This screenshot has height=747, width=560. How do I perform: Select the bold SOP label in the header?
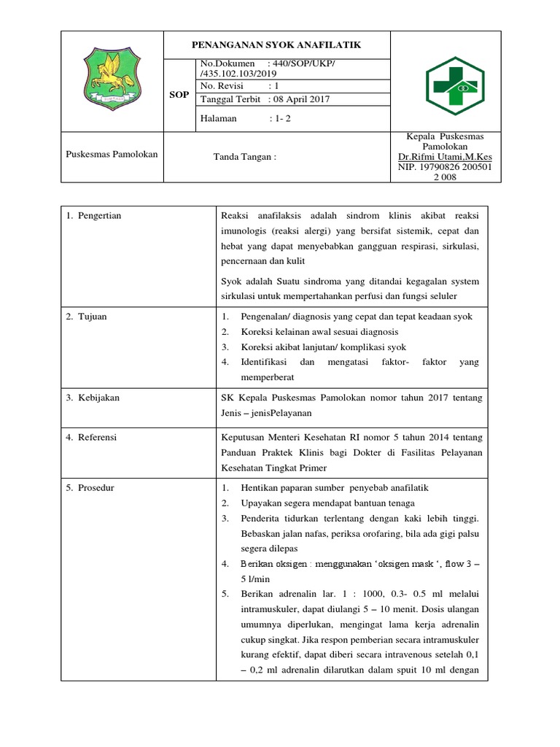pyautogui.click(x=179, y=95)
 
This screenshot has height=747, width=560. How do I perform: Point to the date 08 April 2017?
pyautogui.click(x=299, y=99)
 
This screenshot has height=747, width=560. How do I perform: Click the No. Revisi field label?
pyautogui.click(x=222, y=85)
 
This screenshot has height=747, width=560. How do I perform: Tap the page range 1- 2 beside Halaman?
pyautogui.click(x=280, y=117)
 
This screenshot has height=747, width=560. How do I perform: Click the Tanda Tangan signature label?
pyautogui.click(x=244, y=156)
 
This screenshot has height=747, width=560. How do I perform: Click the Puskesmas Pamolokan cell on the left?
pyautogui.click(x=112, y=155)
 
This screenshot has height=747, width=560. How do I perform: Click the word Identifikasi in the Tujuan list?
pyautogui.click(x=266, y=363)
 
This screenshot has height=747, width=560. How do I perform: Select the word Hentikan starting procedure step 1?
pyautogui.click(x=259, y=487)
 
